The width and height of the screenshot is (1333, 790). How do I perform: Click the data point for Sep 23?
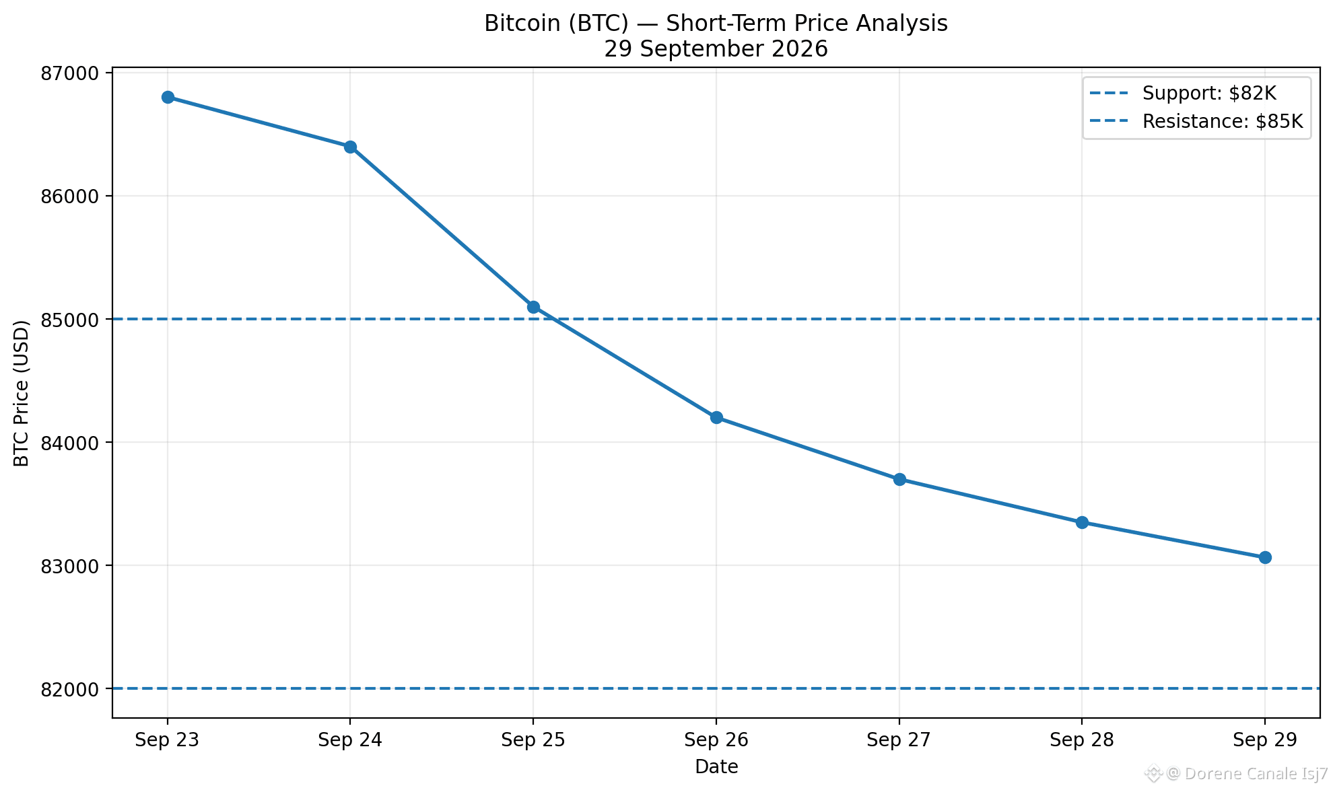(x=168, y=98)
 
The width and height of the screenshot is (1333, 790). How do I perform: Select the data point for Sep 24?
(x=350, y=147)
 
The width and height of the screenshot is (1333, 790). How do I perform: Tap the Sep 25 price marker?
(x=533, y=307)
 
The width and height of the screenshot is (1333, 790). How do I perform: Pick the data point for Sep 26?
(x=716, y=418)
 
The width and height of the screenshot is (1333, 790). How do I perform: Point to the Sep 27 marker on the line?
(x=899, y=479)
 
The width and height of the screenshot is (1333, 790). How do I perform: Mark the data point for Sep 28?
(x=1082, y=522)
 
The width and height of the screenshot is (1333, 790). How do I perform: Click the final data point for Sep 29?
(x=1265, y=557)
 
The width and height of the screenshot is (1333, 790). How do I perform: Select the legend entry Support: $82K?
(x=1183, y=94)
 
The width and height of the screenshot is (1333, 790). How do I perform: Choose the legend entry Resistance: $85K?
(x=1196, y=122)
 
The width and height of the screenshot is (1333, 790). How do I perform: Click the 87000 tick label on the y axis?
(x=69, y=73)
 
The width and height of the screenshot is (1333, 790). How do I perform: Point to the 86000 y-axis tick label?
(x=69, y=196)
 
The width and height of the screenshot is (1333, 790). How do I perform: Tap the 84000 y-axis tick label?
(x=69, y=443)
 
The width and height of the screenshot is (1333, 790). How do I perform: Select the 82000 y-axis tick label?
(x=69, y=689)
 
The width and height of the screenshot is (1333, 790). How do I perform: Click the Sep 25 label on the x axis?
(x=533, y=740)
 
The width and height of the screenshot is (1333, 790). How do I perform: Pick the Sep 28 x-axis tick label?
(x=1082, y=740)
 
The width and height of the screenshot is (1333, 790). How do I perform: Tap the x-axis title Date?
(x=716, y=766)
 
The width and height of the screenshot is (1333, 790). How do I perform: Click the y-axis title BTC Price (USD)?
(x=22, y=393)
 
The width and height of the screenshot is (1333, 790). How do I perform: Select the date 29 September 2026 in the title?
(x=716, y=49)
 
